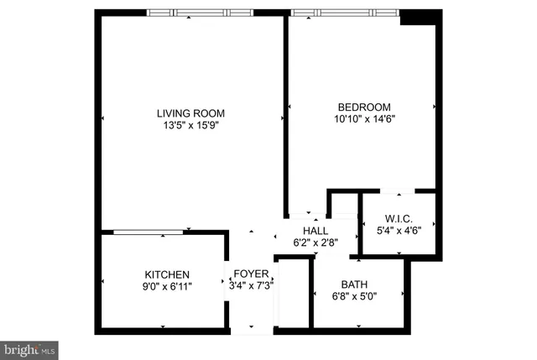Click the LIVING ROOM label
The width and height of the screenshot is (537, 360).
coord(190,113)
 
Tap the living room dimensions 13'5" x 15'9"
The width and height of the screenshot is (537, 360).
coord(190,126)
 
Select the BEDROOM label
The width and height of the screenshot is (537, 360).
coord(364,107)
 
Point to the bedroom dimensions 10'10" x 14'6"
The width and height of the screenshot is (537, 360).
coord(364,119)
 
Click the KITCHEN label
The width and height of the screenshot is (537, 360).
coord(167,274)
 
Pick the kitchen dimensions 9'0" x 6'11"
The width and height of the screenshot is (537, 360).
coord(167,287)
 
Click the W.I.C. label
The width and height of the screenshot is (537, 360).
coord(398,219)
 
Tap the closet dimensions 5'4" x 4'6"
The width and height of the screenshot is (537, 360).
coord(398,231)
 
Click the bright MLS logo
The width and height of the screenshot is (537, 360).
coord(29,347)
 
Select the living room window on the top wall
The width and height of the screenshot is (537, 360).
coord(200,12)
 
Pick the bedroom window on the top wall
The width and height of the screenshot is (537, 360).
coord(344,12)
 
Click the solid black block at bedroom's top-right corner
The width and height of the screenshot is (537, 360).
coord(420,17)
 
